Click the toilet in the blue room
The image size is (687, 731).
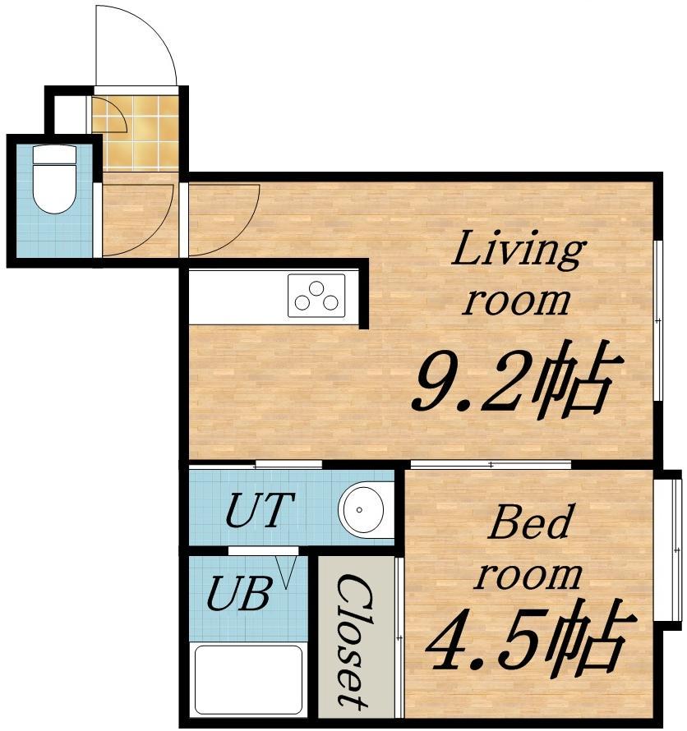point(54,179)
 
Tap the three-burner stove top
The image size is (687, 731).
point(316,296)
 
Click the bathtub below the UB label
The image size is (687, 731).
point(248,679)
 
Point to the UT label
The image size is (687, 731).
point(260,509)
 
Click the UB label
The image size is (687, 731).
point(239,593)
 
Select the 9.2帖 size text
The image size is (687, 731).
point(517,379)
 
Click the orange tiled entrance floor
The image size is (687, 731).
point(136,133)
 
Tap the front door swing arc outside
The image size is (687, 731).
point(136,45)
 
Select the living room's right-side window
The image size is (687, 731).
point(658,321)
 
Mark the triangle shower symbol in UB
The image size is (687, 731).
point(285,572)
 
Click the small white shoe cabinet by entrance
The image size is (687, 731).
point(71,115)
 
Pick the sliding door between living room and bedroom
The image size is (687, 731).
point(491,464)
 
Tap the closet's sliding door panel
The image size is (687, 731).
point(399,637)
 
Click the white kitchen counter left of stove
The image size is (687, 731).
point(237,297)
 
